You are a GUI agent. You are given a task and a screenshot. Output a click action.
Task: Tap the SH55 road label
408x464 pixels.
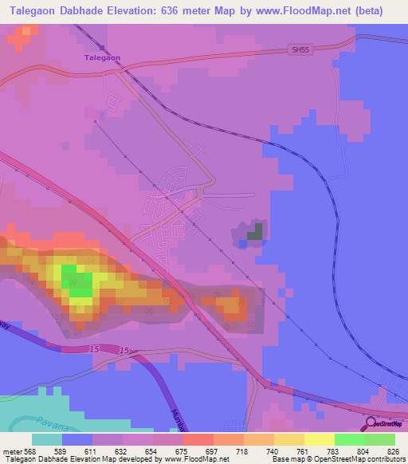point(299,49)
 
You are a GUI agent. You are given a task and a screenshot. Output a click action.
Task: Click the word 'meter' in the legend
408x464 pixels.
point(13,451)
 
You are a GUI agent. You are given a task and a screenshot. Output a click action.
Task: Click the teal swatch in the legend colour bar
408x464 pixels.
point(47,439)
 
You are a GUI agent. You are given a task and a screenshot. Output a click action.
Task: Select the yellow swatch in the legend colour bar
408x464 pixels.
point(320,439)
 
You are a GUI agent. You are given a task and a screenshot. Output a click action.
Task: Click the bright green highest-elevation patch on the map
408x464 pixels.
point(77,282)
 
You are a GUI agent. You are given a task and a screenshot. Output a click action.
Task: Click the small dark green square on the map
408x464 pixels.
point(254,232)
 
